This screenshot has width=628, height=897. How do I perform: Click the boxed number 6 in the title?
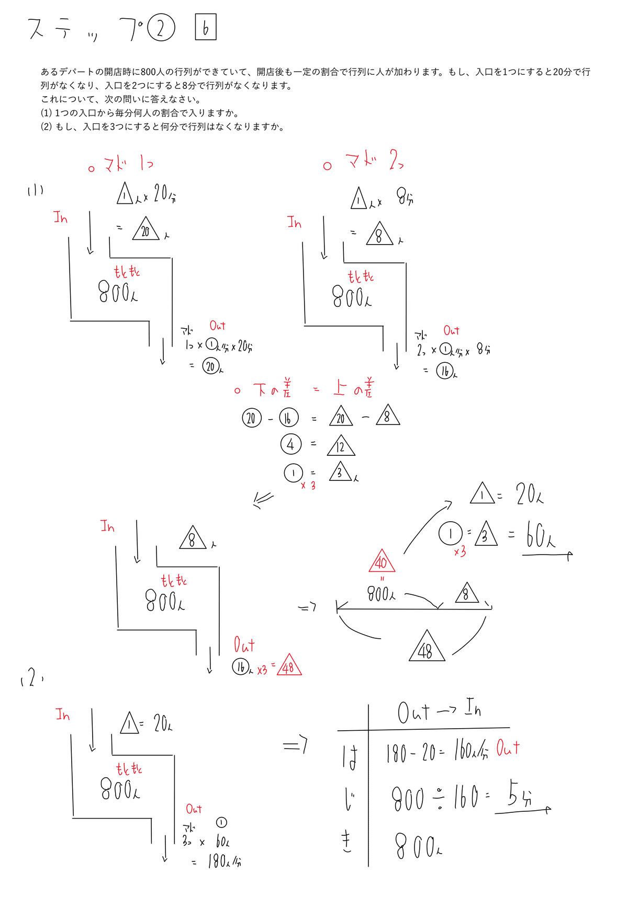pyautogui.click(x=205, y=28)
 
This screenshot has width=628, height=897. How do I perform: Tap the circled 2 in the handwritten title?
pyautogui.click(x=161, y=28)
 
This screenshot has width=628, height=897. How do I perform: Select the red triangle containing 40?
pyautogui.click(x=382, y=562)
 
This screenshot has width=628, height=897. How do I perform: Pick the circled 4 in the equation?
pyautogui.click(x=290, y=444)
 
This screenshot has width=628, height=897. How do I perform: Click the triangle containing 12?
pyautogui.click(x=341, y=446)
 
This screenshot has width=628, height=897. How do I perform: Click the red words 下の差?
pyautogui.click(x=272, y=389)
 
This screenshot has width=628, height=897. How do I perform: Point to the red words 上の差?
pyautogui.click(x=354, y=388)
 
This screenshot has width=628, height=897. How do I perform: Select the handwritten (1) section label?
pyautogui.click(x=35, y=191)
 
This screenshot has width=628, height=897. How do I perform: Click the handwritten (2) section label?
pyautogui.click(x=31, y=679)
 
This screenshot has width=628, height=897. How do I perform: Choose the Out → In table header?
pyautogui.click(x=439, y=711)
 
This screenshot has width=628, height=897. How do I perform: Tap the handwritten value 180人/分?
pyautogui.click(x=225, y=861)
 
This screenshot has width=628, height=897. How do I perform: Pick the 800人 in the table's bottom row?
pyautogui.click(x=418, y=846)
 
